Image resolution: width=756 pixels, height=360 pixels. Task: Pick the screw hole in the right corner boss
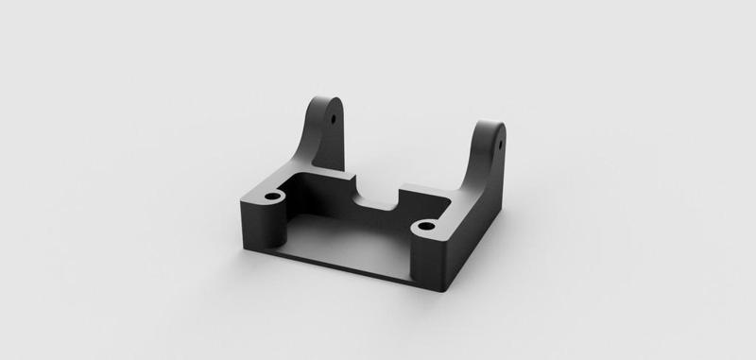point(425,227)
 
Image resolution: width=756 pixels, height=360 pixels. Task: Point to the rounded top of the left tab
point(326,97)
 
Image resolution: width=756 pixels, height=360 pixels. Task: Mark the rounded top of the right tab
point(492,124)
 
